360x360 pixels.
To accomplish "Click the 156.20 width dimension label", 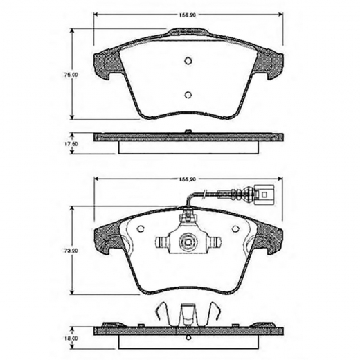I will pyautogui.click(x=187, y=14).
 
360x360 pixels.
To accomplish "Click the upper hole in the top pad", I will pyautogui.click(x=187, y=61).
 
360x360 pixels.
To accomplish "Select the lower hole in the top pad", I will pyautogui.click(x=187, y=96).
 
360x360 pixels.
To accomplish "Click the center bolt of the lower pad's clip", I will pyautogui.click(x=187, y=242).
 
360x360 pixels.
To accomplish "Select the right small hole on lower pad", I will pyautogui.click(x=234, y=228).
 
